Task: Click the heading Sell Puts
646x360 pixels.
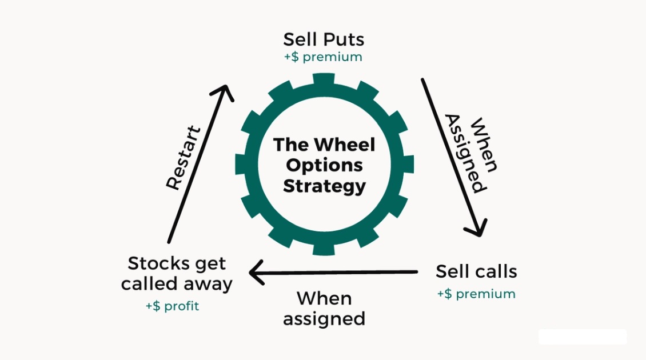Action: pos(324,39)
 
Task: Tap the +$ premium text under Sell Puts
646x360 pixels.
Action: pos(324,57)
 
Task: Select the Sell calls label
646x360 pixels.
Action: pos(476,271)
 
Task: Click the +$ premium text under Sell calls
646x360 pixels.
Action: pos(476,294)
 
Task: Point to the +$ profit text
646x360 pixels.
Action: pos(172,306)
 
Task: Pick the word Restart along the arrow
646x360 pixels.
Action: pos(184,158)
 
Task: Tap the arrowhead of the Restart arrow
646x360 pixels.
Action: pos(224,91)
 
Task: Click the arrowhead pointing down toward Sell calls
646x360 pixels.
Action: pos(476,229)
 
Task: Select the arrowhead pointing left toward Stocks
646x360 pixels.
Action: pos(256,272)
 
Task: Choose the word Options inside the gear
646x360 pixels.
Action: pos(324,165)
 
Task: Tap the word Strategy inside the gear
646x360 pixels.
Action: pos(324,186)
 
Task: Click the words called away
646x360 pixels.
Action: pos(177,284)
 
